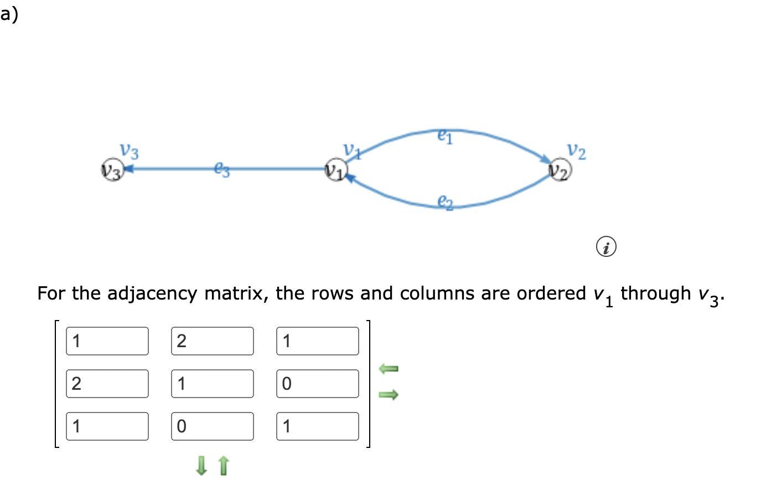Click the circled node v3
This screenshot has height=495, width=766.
pos(112,170)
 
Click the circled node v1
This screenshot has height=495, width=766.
pos(335,170)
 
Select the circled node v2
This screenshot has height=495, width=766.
pos(560,170)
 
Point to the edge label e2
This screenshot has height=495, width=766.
pos(445,202)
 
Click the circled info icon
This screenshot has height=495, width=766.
pos(606,246)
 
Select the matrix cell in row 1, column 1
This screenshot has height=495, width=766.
pos(107,341)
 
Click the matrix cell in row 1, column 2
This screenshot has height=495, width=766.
pos(213,341)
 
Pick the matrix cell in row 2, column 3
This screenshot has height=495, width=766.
pos(318,384)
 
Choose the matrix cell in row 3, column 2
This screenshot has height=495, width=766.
pos(213,426)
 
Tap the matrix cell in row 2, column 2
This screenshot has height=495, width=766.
pos(213,384)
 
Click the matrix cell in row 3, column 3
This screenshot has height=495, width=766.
pos(318,426)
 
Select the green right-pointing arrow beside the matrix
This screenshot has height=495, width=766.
pos(389,395)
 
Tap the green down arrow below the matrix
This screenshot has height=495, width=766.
pos(201,466)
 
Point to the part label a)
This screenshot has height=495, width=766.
pos(9,14)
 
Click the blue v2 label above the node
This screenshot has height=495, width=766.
pos(576,151)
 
